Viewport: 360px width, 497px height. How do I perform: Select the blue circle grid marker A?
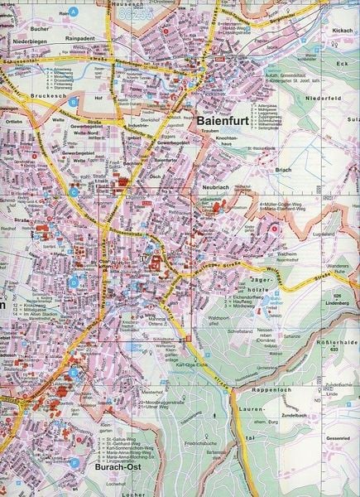pos(74,12)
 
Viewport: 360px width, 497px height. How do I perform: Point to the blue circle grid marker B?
pos(74,102)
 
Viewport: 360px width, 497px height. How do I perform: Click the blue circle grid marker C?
pos(74,192)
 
